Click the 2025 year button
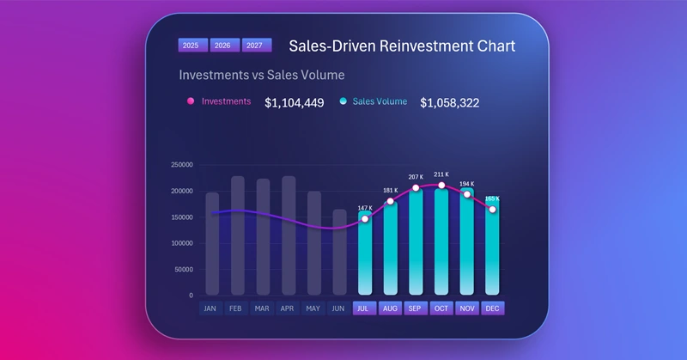click(x=191, y=46)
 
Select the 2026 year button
click(x=222, y=46)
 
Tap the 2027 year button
click(x=254, y=46)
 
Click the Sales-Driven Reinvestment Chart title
click(x=402, y=46)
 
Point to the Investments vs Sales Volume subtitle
click(x=261, y=75)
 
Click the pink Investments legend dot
click(x=191, y=101)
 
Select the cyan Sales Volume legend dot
click(x=343, y=101)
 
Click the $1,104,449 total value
click(x=294, y=103)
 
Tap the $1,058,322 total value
click(x=449, y=103)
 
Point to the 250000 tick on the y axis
click(x=181, y=165)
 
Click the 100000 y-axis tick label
click(x=181, y=243)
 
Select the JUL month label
click(x=364, y=308)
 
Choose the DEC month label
click(x=492, y=308)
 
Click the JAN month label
click(x=210, y=308)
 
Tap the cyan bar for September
click(x=416, y=245)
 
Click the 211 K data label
click(x=441, y=174)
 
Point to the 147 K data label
click(x=365, y=208)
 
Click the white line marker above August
click(x=390, y=202)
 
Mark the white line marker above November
click(x=467, y=194)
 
